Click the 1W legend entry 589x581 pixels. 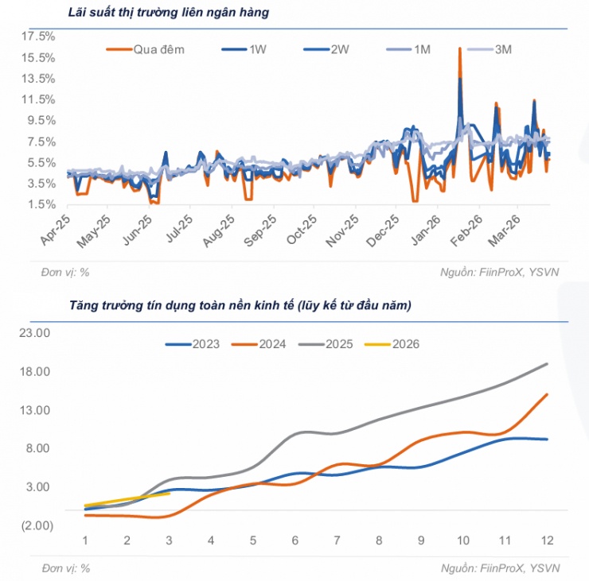pyautogui.click(x=257, y=49)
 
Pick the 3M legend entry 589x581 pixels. pyautogui.click(x=503, y=49)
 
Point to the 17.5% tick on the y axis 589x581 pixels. pyautogui.click(x=37, y=37)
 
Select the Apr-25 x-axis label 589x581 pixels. pyautogui.click(x=54, y=230)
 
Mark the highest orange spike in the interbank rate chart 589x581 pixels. pyautogui.click(x=460, y=49)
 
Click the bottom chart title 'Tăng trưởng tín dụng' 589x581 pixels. pyautogui.click(x=240, y=304)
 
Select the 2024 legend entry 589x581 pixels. pyautogui.click(x=272, y=344)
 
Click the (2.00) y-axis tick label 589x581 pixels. pyautogui.click(x=35, y=525)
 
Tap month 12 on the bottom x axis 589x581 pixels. pyautogui.click(x=547, y=540)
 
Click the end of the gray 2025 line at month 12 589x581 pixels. pyautogui.click(x=547, y=364)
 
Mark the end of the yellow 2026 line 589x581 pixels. pyautogui.click(x=169, y=494)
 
